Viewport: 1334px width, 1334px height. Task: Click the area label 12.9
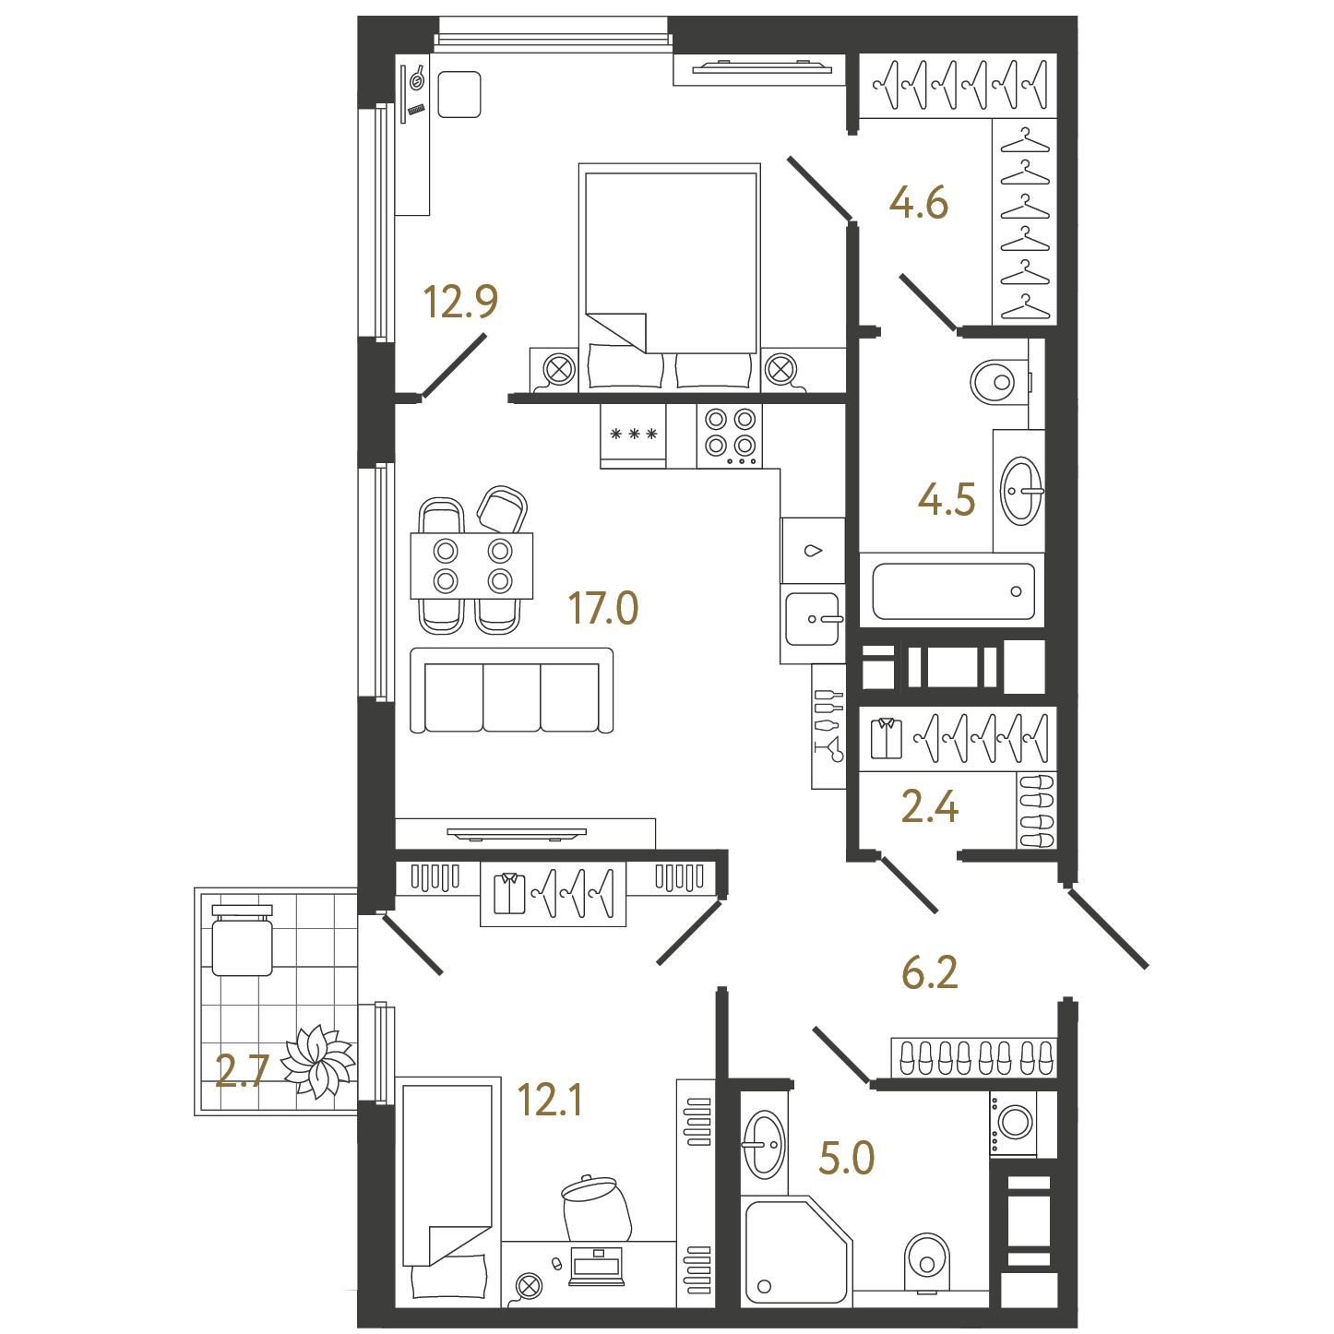tap(460, 303)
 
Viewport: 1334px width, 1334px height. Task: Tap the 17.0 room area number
tap(603, 608)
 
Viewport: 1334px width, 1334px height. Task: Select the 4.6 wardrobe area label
tap(918, 203)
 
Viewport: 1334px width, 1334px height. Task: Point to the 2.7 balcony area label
tap(242, 1070)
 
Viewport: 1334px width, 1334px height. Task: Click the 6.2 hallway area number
tap(929, 972)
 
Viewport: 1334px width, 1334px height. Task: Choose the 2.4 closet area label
tap(930, 806)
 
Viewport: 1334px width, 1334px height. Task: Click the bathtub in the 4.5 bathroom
tap(952, 590)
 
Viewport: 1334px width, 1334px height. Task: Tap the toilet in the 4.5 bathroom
tap(1000, 381)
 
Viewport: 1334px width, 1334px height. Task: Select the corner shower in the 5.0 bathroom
tap(796, 1250)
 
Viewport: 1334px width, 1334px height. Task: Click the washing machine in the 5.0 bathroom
tap(1013, 1124)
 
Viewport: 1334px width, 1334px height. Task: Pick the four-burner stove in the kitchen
tap(730, 436)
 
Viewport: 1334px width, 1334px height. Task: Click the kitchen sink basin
tap(813, 618)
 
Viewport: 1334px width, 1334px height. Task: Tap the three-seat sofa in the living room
tap(512, 690)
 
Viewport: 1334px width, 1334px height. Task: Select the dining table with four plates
tap(471, 566)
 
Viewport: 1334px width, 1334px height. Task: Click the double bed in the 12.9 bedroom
tap(670, 277)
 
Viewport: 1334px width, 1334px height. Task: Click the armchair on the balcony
tap(242, 939)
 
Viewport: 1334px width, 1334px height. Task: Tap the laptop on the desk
tap(596, 1266)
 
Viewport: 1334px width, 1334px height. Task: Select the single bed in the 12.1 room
tap(448, 1191)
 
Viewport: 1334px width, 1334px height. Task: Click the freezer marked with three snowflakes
tap(633, 436)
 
